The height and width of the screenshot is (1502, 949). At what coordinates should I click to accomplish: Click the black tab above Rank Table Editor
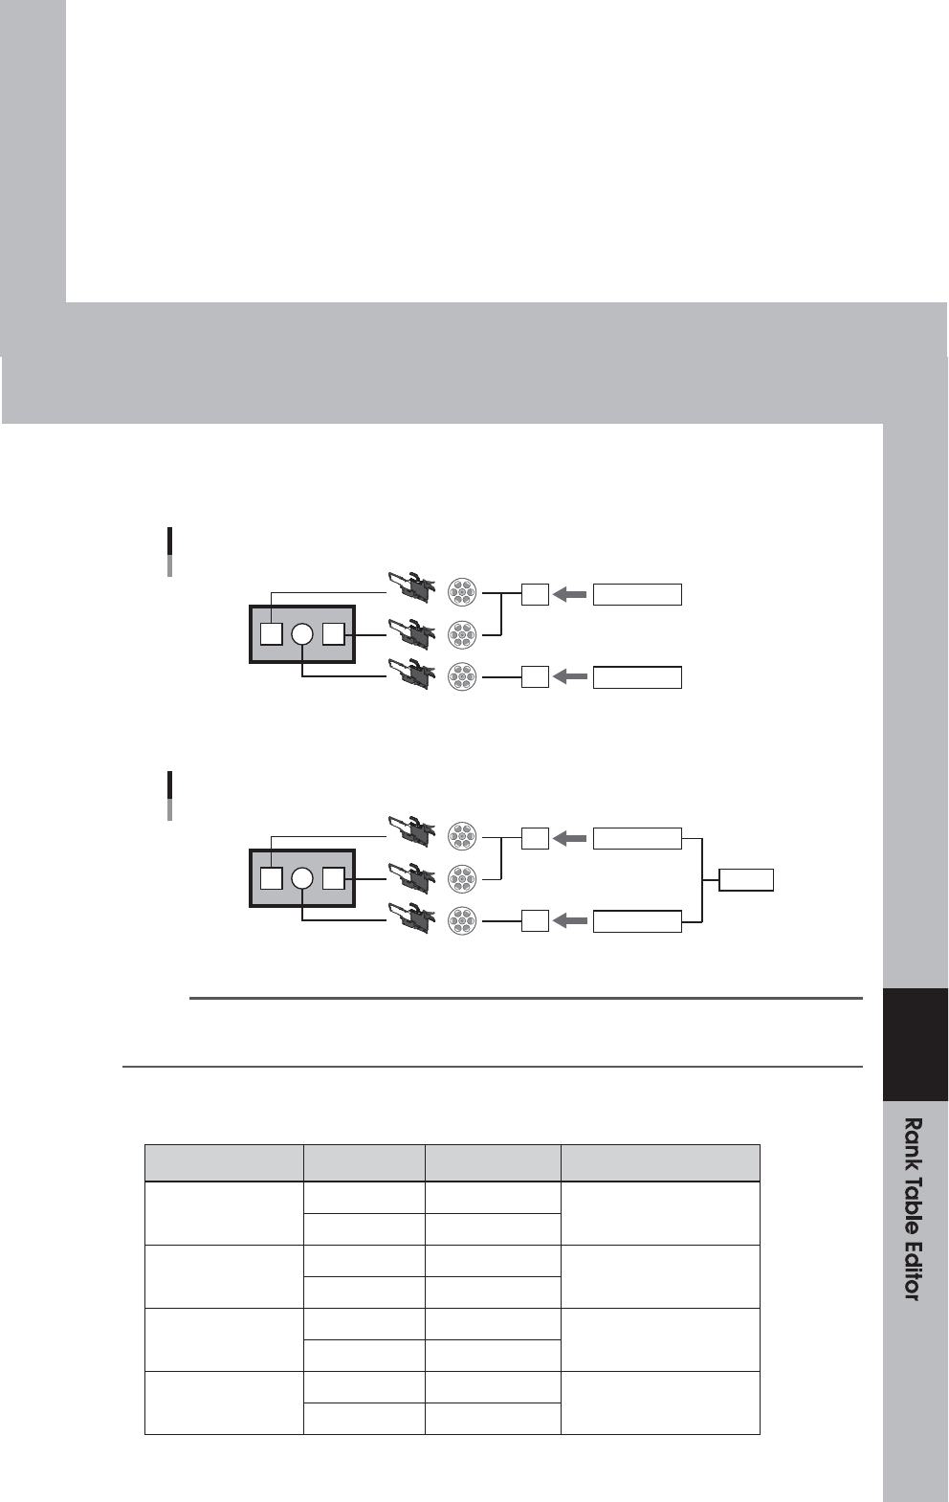tap(915, 1045)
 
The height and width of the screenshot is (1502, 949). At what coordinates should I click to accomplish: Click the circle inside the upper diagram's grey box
tap(302, 633)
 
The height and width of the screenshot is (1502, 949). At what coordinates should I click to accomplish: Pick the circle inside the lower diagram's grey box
tap(302, 877)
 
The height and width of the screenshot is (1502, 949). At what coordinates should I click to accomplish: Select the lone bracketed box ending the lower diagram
tap(746, 880)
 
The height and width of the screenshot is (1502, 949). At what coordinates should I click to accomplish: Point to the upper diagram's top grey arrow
tap(570, 594)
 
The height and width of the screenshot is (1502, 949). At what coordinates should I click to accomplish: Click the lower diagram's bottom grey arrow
tap(570, 921)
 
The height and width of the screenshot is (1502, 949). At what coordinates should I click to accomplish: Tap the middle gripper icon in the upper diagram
tap(411, 633)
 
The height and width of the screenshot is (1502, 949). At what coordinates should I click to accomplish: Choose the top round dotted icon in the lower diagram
tap(462, 837)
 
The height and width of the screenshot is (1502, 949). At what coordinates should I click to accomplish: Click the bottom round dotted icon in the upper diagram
tap(462, 677)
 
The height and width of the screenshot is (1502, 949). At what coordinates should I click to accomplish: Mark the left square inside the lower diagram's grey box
tap(272, 877)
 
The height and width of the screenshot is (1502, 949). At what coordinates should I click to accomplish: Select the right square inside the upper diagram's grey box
tap(333, 633)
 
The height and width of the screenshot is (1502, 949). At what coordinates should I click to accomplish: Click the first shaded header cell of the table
tap(224, 1162)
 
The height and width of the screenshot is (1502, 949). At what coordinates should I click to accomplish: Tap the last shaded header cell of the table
tap(660, 1162)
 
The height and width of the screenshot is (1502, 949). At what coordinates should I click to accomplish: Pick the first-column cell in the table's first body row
tap(224, 1213)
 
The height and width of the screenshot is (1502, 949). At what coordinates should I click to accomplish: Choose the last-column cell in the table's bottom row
tap(660, 1403)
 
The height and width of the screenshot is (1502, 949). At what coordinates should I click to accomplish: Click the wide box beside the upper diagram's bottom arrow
tap(637, 677)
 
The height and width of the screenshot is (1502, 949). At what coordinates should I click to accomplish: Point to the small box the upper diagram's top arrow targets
tap(536, 594)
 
